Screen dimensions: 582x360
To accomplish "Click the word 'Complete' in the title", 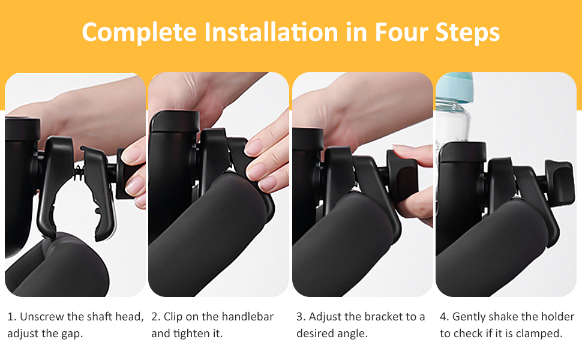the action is pos(139,32).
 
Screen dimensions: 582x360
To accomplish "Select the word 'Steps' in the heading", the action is pos(467,32).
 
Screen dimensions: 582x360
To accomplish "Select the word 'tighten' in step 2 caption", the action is pos(191,333).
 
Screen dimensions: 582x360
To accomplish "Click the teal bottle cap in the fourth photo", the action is pos(455,88).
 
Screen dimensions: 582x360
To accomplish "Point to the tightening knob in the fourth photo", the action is pos(559,181).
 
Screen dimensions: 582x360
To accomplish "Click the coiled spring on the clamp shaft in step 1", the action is pos(79,173).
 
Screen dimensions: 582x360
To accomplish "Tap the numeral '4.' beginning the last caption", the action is pos(444,317).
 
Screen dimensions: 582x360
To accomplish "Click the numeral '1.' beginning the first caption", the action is pos(11,317).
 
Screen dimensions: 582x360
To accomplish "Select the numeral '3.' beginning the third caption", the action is pos(301,317).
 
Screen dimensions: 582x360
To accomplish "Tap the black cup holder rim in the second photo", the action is pos(174,121).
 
